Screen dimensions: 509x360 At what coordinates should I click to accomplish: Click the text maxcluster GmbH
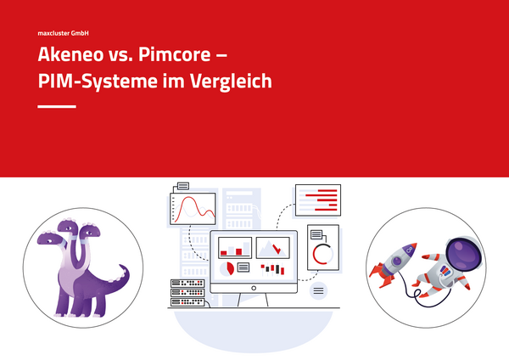(63, 33)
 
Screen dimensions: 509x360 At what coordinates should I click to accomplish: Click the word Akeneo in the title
(70, 54)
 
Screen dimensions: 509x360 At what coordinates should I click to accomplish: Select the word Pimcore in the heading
(174, 54)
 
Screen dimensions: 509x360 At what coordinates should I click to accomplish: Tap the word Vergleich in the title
(231, 81)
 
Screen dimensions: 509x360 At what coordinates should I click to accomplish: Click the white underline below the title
(57, 106)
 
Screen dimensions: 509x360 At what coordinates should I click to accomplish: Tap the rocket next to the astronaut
(394, 264)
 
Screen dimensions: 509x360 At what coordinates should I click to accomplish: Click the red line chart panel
(193, 209)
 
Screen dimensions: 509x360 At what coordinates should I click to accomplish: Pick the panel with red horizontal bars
(318, 200)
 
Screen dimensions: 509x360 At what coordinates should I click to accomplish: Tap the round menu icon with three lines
(318, 290)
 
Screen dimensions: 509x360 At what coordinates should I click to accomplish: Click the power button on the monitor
(254, 288)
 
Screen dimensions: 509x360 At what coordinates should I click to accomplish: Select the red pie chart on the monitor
(230, 268)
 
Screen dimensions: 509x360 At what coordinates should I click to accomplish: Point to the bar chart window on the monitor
(235, 248)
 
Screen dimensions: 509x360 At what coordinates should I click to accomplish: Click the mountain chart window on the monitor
(272, 248)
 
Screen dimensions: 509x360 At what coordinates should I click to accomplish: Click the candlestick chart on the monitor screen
(272, 270)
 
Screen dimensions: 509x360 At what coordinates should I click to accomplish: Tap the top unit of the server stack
(187, 284)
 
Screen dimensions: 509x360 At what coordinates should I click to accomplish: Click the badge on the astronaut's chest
(445, 270)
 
